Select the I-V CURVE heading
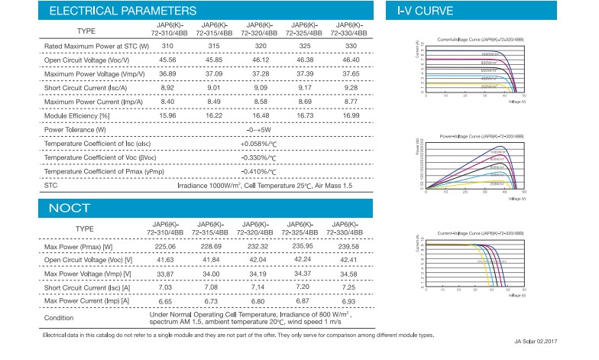426,11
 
